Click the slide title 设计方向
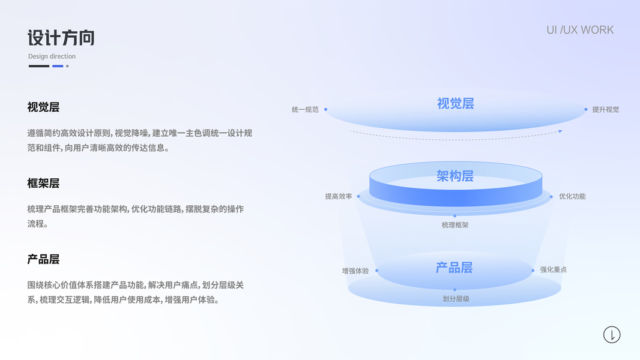[61, 38]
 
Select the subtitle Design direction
[52, 56]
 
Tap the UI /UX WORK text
[580, 30]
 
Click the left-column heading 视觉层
[43, 107]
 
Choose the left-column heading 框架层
[43, 184]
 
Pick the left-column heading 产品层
[43, 260]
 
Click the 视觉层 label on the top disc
[456, 104]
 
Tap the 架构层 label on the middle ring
[455, 176]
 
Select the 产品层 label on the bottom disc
[454, 268]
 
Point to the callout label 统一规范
[305, 110]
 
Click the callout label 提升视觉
[605, 110]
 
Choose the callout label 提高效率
[339, 196]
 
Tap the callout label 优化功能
[572, 196]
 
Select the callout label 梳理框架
[455, 225]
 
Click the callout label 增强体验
[355, 271]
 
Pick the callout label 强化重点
[553, 270]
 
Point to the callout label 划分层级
[456, 299]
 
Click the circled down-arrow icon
[612, 335]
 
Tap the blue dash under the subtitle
[58, 66]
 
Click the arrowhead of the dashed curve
[560, 131]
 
